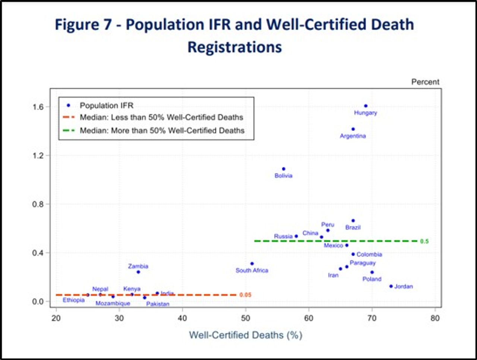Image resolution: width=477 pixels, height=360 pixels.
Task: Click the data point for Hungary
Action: point(366,106)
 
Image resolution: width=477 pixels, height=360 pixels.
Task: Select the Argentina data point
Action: point(353,129)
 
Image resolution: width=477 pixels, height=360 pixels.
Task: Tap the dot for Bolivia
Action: point(284,169)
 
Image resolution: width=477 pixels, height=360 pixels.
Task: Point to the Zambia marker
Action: point(138,272)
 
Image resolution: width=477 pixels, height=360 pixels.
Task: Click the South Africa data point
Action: point(252,264)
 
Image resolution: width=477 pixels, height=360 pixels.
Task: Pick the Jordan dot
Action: point(391,286)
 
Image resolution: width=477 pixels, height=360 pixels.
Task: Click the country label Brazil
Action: point(353,227)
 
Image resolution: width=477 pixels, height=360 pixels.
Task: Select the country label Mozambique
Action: point(113,303)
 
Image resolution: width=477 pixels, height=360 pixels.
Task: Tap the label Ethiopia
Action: point(73,300)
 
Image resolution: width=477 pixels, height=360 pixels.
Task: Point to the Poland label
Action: point(372,279)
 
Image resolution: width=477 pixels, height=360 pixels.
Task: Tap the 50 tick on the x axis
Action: point(246,318)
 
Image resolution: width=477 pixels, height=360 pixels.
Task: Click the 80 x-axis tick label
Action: point(435,318)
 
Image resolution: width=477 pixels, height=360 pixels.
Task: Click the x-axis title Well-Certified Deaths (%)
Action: point(246,335)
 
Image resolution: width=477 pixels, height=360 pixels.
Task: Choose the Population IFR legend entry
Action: point(106,106)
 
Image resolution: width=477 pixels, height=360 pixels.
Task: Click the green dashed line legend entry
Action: point(162,131)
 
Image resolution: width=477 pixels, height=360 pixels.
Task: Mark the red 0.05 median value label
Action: point(245,295)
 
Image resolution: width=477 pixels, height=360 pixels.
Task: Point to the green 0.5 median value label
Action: point(424,241)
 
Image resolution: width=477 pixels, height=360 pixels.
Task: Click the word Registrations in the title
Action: point(235,47)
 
